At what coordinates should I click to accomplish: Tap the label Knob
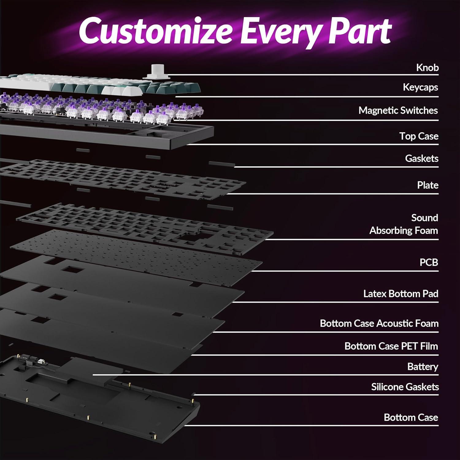(x=427, y=67)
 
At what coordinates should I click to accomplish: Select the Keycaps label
(x=420, y=87)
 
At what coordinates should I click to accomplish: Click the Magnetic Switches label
(x=398, y=110)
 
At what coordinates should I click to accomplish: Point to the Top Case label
(x=419, y=136)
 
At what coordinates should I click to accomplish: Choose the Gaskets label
(x=422, y=158)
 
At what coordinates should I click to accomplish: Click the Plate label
(x=427, y=185)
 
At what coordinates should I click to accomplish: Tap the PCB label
(x=429, y=262)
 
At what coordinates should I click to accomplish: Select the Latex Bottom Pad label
(x=401, y=293)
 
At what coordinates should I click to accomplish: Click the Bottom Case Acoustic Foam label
(x=379, y=323)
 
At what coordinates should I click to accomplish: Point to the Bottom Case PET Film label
(x=391, y=346)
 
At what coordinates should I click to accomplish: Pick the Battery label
(x=423, y=366)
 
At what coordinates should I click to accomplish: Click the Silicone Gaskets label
(x=405, y=387)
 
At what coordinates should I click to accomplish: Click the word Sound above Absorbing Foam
(x=424, y=218)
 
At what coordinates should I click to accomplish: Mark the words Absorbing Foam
(x=404, y=230)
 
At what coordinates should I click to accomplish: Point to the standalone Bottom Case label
(x=411, y=417)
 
